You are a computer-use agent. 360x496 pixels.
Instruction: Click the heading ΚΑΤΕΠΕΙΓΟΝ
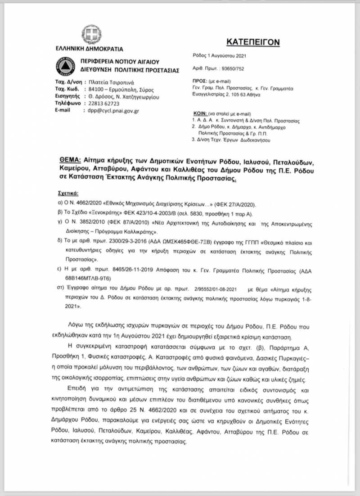click(x=253, y=42)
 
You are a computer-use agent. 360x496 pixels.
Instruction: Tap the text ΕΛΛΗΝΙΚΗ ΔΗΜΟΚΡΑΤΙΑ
click(x=89, y=49)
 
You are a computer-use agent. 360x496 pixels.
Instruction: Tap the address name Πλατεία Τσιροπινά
click(x=109, y=82)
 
